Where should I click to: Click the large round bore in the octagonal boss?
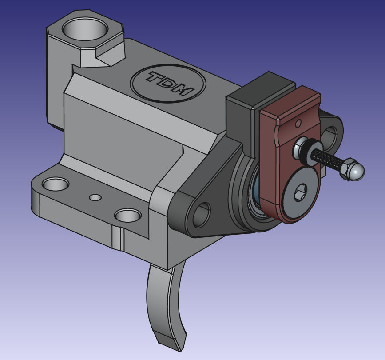[85, 29]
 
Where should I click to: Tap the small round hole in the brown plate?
[298, 123]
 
